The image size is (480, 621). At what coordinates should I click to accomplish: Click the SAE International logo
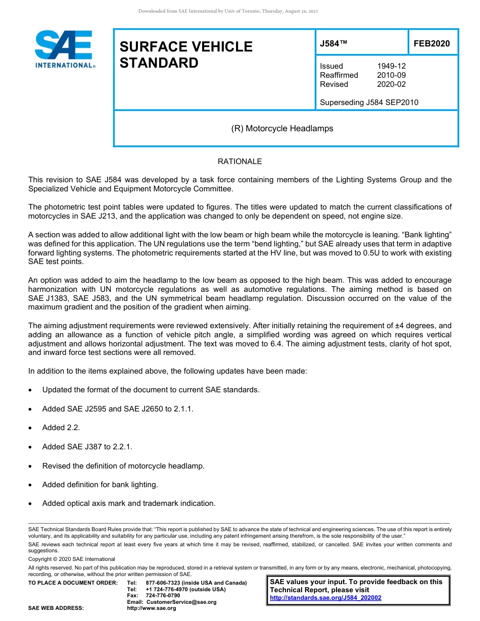65,49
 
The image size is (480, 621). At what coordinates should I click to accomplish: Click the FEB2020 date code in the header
431,44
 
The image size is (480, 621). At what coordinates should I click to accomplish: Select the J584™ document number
333,44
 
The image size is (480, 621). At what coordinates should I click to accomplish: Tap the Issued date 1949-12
391,66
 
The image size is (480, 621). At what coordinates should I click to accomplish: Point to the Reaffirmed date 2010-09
391,75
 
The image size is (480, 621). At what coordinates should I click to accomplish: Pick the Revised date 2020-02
391,84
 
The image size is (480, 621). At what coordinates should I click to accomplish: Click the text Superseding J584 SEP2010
369,102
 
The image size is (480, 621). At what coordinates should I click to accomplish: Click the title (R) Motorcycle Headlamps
282,128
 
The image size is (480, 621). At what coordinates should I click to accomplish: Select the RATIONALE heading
239,162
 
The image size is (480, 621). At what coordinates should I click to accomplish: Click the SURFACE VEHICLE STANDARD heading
186,55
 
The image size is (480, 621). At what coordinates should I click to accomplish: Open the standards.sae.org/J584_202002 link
325,598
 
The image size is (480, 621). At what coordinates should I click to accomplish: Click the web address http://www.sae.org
152,608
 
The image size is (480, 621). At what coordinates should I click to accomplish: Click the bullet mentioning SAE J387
87,447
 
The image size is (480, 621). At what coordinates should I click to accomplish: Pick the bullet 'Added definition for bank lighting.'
100,485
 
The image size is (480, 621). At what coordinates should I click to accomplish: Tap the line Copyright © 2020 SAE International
72,559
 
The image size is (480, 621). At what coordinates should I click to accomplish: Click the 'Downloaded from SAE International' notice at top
228,11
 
